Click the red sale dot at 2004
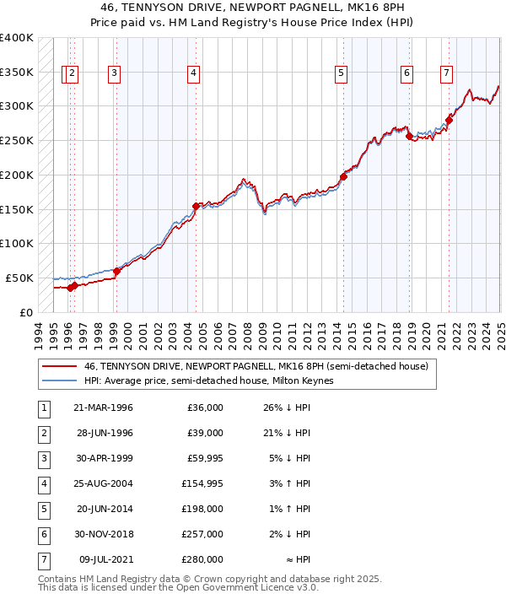196,206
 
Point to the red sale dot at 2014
343,176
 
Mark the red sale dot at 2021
449,120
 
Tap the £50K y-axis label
20,278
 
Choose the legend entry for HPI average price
209,381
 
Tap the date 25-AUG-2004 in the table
103,483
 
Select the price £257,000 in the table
205,534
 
